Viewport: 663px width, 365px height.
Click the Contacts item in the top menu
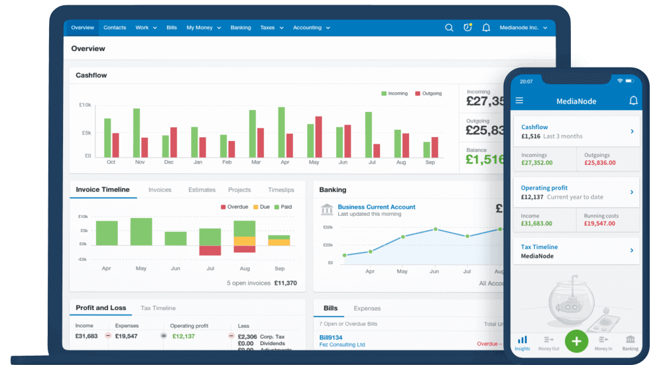[x=115, y=28]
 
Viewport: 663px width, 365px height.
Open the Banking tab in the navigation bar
[x=241, y=28]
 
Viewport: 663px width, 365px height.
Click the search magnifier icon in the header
[x=449, y=28]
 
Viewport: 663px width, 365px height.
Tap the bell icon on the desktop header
[x=486, y=28]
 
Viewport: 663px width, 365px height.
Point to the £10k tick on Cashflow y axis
[x=85, y=105]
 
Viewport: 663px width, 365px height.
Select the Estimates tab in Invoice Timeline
[x=202, y=190]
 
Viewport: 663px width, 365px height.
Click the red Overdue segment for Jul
[x=210, y=250]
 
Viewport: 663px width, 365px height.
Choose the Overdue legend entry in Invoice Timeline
[x=233, y=207]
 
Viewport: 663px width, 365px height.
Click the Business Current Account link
[x=376, y=207]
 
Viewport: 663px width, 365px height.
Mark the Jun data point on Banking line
[x=435, y=229]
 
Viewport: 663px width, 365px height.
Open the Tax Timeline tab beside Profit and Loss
[x=158, y=308]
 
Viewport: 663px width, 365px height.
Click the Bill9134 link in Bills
[x=332, y=337]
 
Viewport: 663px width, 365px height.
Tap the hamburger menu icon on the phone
[x=519, y=101]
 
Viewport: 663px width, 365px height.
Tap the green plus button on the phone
[x=576, y=341]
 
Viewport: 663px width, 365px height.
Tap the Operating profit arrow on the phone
[x=632, y=192]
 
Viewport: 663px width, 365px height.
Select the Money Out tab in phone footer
[x=548, y=342]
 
